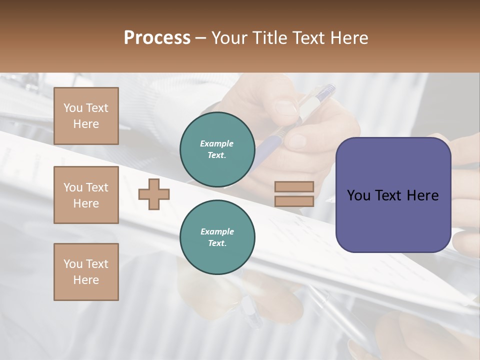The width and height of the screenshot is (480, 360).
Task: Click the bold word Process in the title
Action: pyautogui.click(x=157, y=38)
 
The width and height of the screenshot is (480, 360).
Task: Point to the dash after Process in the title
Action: pyautogui.click(x=201, y=38)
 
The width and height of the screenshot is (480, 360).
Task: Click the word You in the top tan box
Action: pyautogui.click(x=73, y=108)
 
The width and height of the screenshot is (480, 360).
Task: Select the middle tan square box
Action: pyautogui.click(x=86, y=195)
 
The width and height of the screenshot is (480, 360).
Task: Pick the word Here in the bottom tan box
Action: pyautogui.click(x=86, y=280)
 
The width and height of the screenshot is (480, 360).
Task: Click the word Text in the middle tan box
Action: pyautogui.click(x=96, y=187)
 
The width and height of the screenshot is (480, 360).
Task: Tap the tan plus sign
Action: pyautogui.click(x=154, y=194)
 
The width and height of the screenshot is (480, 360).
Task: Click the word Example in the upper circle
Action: pyautogui.click(x=217, y=143)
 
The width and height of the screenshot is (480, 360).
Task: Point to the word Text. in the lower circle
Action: pyautogui.click(x=217, y=243)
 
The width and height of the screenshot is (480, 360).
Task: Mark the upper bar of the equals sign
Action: pyautogui.click(x=294, y=186)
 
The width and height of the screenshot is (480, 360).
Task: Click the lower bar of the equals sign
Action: pyautogui.click(x=294, y=201)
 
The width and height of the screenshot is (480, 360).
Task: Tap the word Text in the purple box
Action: pyautogui.click(x=393, y=195)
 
